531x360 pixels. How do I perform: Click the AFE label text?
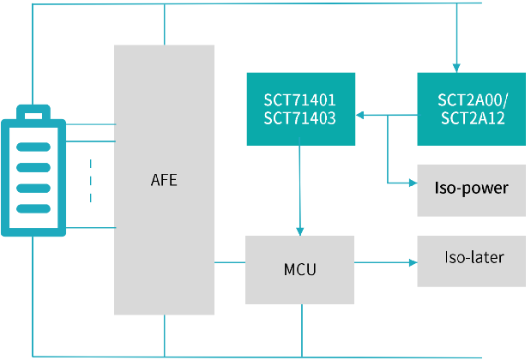click(164, 180)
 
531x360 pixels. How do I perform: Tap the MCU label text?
click(299, 269)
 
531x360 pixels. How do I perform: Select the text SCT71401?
click(299, 99)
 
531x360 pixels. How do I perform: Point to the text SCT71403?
click(299, 118)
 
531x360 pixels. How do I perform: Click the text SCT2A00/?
click(473, 100)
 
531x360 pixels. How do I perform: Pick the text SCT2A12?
click(473, 118)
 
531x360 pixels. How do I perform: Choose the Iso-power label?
click(472, 188)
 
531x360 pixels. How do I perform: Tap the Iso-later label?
click(474, 257)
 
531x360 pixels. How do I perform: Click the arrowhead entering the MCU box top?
click(299, 231)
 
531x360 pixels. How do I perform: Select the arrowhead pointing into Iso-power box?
click(413, 183)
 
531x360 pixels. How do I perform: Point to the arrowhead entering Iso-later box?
click(413, 262)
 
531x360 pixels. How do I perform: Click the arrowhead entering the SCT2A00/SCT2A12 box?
click(456, 68)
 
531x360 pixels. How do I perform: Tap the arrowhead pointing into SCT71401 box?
click(359, 116)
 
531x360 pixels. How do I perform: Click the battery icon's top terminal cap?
click(33, 112)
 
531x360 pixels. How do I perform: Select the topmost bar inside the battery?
click(33, 147)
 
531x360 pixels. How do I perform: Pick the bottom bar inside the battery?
click(33, 208)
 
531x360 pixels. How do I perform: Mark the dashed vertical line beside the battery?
click(90, 181)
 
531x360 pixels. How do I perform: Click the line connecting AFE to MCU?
click(230, 262)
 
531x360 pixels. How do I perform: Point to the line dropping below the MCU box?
click(302, 331)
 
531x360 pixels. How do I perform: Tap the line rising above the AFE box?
click(164, 24)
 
